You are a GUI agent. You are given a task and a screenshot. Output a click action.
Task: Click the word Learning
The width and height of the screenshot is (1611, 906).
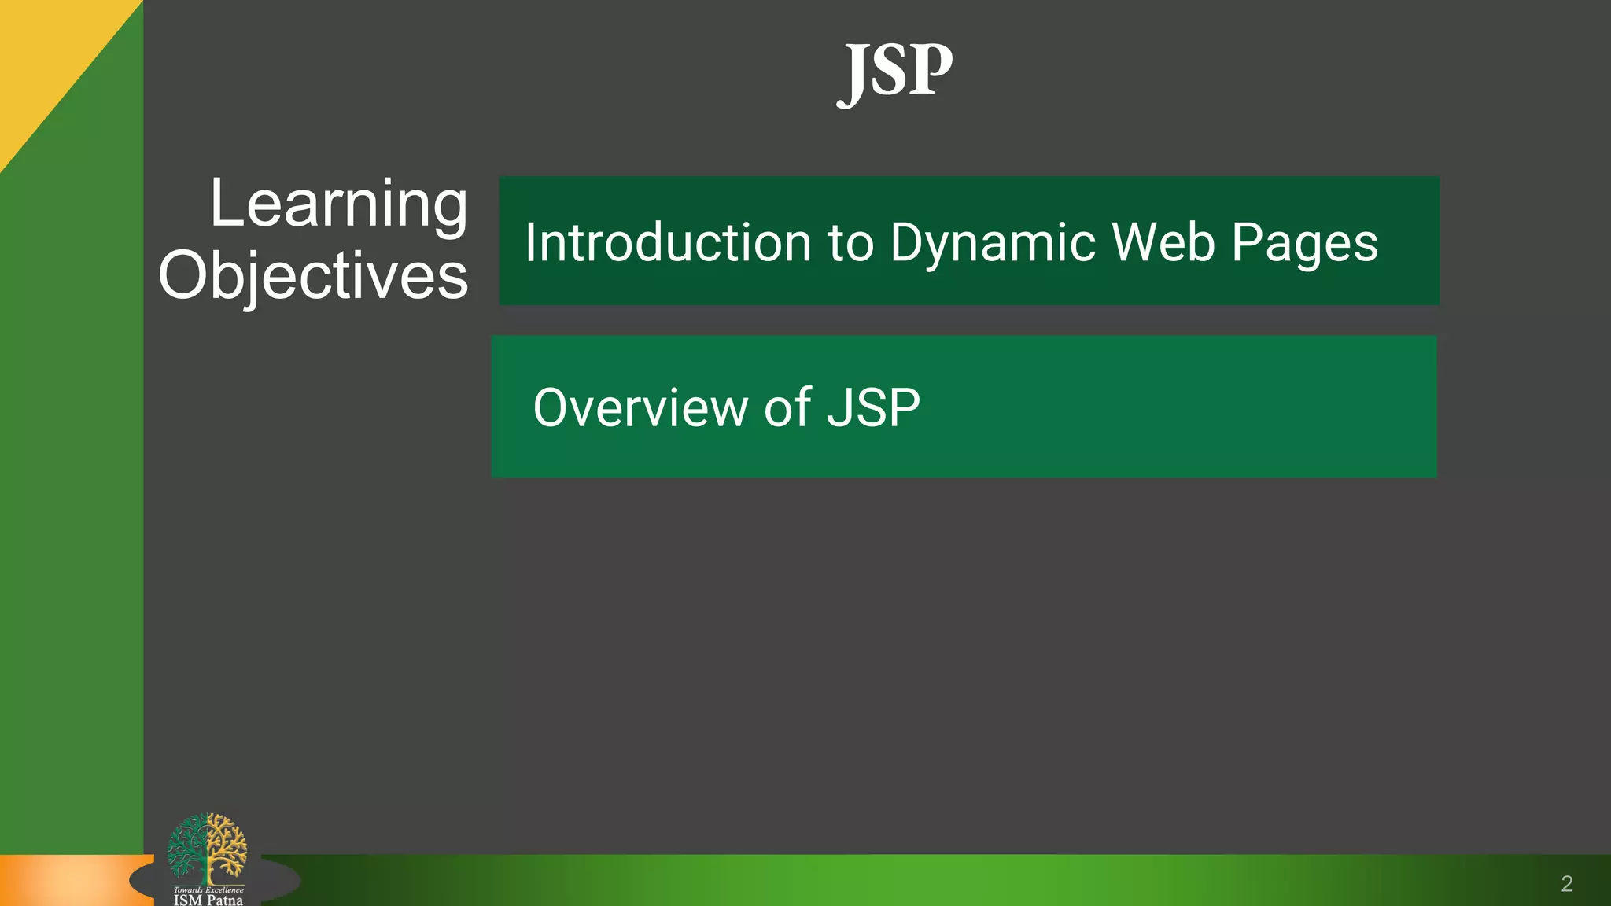338,204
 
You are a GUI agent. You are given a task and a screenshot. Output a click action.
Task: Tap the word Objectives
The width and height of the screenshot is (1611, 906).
313,276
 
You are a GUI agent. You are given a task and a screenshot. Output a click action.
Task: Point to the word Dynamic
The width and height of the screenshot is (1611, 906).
993,244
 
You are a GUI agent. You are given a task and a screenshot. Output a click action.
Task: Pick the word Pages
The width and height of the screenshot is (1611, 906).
1304,244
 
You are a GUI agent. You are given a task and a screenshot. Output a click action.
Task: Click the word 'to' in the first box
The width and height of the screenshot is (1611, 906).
851,243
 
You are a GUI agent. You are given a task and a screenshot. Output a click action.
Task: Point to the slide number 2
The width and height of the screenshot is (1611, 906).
1566,884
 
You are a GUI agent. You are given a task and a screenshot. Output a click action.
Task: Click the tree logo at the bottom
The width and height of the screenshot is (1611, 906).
207,848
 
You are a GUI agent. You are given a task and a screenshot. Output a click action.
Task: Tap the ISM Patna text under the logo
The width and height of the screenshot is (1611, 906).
208,900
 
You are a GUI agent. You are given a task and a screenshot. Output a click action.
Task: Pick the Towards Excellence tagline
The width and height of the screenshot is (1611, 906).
208,890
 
